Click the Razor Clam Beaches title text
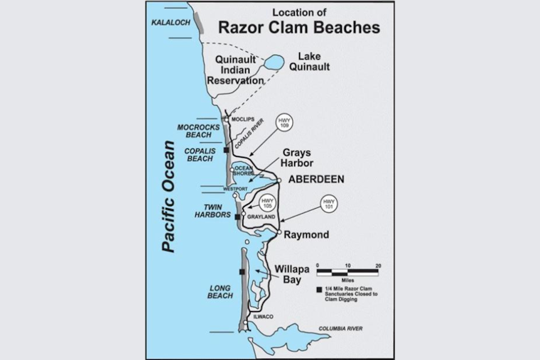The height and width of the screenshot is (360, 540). pos(298,27)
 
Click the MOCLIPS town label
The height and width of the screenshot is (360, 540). pos(244,119)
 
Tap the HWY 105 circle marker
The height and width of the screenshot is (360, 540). pos(266,202)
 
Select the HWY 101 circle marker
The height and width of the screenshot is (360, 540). pos(328,204)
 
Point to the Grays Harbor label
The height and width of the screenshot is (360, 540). pos(298,157)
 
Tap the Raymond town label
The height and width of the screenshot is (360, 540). pos(306,234)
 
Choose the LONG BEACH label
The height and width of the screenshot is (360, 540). pos(220,290)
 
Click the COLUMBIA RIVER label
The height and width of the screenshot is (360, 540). pos(340,329)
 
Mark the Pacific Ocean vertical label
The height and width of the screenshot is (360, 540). pos(168,196)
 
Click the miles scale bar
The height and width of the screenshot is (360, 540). pos(347,271)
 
